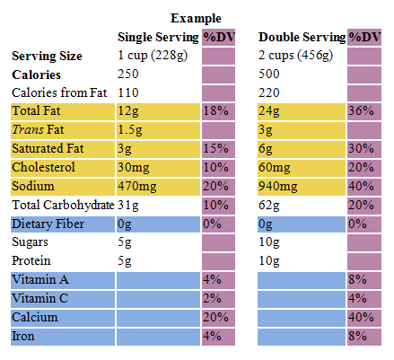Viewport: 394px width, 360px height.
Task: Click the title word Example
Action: click(x=196, y=18)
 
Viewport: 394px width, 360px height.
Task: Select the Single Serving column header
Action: click(x=158, y=37)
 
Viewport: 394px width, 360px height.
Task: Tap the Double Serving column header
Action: click(x=302, y=37)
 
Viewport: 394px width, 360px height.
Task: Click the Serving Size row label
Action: click(x=47, y=56)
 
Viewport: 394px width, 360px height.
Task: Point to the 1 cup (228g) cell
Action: click(x=153, y=56)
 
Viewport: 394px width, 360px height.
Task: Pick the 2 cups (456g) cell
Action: click(x=295, y=56)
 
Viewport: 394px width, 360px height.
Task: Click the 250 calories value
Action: click(x=128, y=74)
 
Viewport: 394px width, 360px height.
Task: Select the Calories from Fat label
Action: click(x=59, y=92)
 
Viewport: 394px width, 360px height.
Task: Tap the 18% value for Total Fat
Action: click(x=216, y=111)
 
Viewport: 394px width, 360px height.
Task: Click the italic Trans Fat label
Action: click(x=38, y=129)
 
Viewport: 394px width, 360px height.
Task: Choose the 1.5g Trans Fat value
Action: click(x=130, y=130)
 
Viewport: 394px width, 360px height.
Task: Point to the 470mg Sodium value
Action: click(x=137, y=187)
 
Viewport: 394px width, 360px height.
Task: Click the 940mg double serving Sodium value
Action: click(x=278, y=187)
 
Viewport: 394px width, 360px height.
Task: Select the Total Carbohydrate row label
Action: click(x=63, y=205)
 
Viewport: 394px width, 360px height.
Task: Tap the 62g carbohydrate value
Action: click(x=269, y=206)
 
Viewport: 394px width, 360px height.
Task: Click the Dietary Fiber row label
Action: click(x=48, y=224)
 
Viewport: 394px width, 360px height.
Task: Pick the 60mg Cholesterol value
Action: click(x=275, y=168)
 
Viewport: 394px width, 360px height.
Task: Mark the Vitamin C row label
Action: click(x=40, y=298)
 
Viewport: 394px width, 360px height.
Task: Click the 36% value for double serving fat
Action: click(x=361, y=111)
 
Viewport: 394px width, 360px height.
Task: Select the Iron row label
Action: click(x=23, y=336)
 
